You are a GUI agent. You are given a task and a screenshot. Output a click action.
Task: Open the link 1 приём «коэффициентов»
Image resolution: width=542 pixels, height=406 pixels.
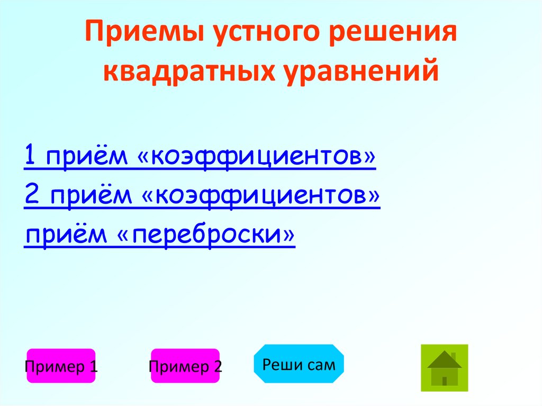[200, 157]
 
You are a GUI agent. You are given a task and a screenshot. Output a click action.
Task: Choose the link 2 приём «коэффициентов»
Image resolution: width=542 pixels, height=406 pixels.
[202, 196]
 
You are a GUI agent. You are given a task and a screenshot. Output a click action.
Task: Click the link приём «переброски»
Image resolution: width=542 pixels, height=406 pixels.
[159, 235]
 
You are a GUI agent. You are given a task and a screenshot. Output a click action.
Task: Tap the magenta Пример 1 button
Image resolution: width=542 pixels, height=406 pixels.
[61, 366]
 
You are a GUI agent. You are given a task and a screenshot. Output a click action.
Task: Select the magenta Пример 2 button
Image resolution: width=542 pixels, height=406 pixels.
[185, 366]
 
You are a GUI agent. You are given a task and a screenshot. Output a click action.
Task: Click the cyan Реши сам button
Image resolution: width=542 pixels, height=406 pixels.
[299, 364]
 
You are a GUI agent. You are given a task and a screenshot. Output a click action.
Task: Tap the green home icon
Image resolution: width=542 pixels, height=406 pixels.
[445, 368]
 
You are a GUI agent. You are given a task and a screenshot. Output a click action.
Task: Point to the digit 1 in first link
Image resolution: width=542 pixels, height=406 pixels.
[30, 157]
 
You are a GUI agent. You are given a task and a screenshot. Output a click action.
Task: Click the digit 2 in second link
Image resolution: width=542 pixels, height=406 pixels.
[31, 196]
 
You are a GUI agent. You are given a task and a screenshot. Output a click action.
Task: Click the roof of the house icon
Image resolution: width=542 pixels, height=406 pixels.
[445, 360]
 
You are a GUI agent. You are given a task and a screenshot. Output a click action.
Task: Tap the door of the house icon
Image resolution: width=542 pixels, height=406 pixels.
[445, 380]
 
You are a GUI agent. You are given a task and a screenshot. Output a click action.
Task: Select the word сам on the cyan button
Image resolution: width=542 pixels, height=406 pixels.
[322, 364]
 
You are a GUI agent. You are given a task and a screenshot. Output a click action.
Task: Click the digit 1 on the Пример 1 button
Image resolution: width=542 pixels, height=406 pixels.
[94, 366]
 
